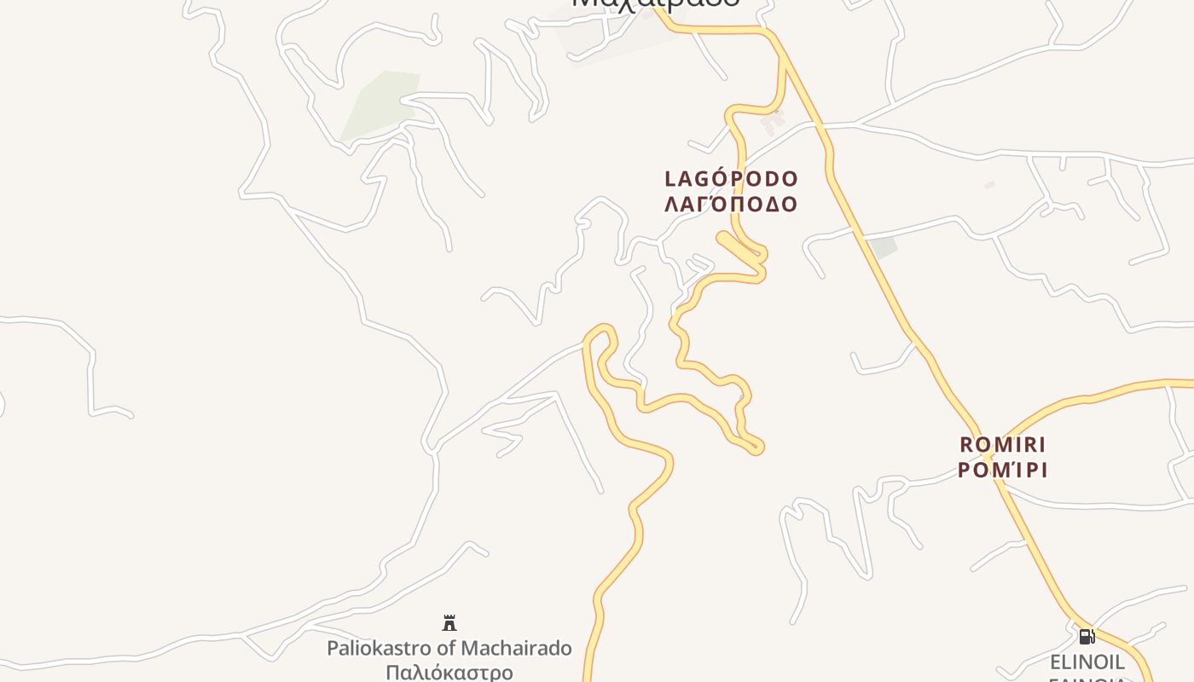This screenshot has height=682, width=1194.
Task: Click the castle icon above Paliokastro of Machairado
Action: click(x=449, y=623)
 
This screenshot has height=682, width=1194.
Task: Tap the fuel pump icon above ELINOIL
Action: click(x=1087, y=636)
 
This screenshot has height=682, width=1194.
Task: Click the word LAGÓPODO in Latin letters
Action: click(x=731, y=179)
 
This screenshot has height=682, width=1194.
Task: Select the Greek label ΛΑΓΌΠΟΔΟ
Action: click(x=731, y=204)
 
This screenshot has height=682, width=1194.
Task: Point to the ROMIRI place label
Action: click(x=1003, y=445)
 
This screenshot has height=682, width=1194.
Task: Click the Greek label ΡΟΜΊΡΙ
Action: click(x=1003, y=470)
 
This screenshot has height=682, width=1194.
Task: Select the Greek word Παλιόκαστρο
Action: click(x=449, y=673)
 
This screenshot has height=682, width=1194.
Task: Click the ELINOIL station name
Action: click(x=1087, y=662)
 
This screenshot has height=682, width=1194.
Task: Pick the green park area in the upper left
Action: click(x=380, y=106)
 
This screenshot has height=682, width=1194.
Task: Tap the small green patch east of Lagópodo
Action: click(x=883, y=248)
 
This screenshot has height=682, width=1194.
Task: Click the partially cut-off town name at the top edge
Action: click(x=655, y=3)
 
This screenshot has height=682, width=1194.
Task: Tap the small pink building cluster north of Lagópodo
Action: click(x=773, y=122)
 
